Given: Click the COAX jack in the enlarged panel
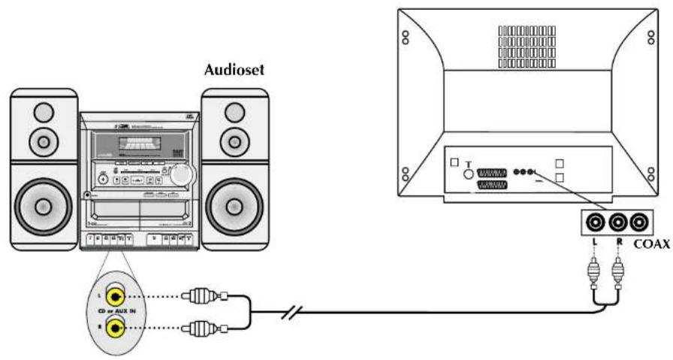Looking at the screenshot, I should [x=639, y=222].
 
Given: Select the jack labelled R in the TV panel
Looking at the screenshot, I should [x=618, y=222].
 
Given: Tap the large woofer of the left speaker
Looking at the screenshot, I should [x=44, y=204].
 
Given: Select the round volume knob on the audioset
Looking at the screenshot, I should [x=179, y=175].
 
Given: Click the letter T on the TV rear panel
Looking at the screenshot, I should [x=469, y=164].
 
